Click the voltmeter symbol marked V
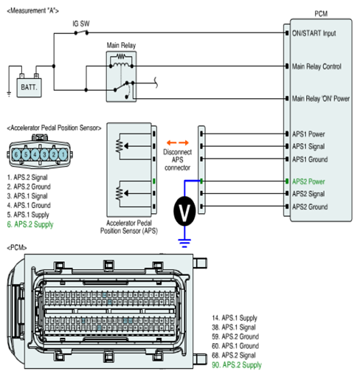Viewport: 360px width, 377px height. click(184, 211)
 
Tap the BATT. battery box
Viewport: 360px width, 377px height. click(29, 88)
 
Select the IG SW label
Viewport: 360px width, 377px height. click(81, 24)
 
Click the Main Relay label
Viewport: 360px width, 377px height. click(121, 46)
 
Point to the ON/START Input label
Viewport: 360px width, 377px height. click(314, 33)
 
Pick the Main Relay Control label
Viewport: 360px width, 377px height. click(316, 66)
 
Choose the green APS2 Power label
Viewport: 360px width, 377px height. click(308, 181)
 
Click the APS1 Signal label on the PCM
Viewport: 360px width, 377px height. click(308, 146)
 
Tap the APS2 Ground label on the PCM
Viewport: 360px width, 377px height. click(310, 207)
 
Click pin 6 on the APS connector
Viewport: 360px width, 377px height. click(16, 155)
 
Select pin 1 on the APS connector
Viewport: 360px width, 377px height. click(63, 155)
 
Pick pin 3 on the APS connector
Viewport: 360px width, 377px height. click(44, 155)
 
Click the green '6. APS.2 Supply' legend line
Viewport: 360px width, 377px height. click(30, 224)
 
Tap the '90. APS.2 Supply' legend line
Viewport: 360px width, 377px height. click(237, 364)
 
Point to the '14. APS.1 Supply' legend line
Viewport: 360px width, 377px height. click(235, 318)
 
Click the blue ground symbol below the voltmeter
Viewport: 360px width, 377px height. click(184, 243)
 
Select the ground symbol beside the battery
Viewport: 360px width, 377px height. click(9, 94)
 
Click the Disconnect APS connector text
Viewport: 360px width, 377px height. click(177, 160)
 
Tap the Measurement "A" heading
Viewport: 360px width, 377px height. click(32, 11)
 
